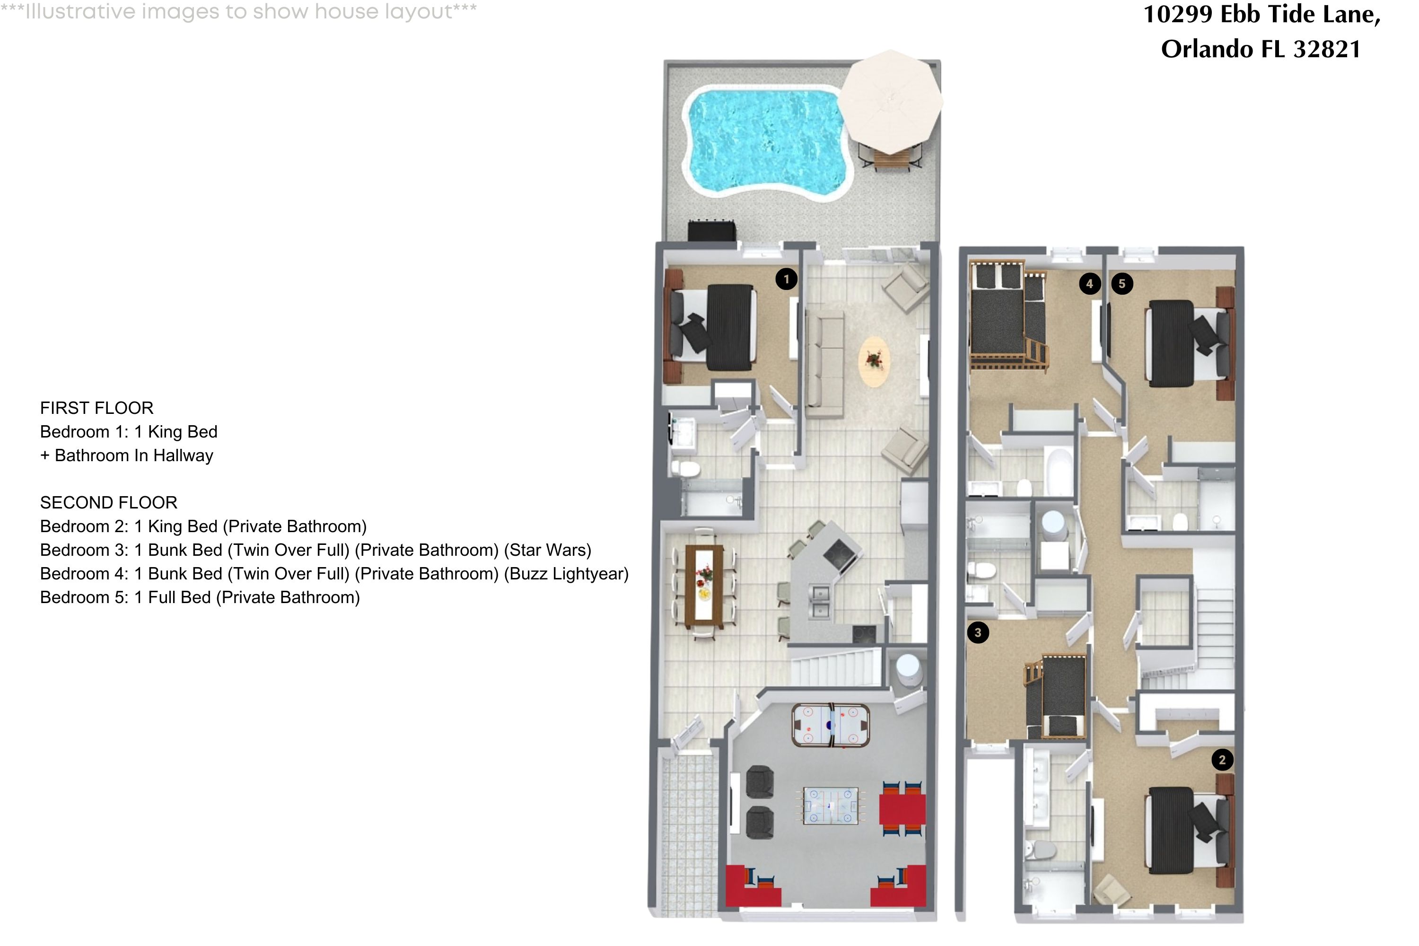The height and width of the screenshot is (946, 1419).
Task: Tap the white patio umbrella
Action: [891, 101]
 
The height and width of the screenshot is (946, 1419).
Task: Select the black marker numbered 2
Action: [1222, 760]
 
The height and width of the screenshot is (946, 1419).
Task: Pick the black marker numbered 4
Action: [1090, 283]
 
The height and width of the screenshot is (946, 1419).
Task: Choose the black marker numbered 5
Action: [1122, 283]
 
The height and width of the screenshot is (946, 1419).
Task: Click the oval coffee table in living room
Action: [874, 361]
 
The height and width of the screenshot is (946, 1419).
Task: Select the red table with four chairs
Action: [902, 809]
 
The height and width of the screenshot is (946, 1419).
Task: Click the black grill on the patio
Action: [712, 232]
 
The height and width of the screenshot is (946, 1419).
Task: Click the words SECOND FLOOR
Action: [109, 502]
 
